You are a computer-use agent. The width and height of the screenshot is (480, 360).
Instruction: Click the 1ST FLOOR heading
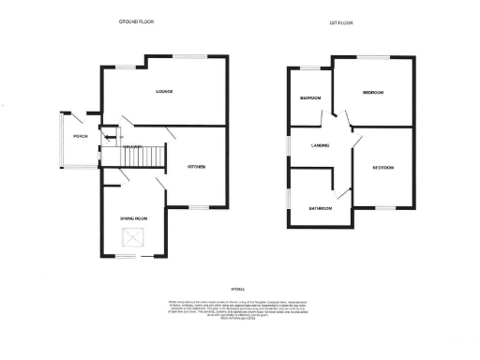[339, 21]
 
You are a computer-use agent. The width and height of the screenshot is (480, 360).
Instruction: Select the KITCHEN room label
[196, 167]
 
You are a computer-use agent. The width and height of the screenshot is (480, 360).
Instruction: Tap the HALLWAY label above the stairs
[134, 146]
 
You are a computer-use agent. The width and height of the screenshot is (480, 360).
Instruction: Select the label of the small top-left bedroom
[310, 97]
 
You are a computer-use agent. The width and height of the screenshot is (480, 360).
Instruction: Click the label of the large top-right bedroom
[374, 93]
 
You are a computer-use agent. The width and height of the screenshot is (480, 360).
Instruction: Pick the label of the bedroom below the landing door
[382, 168]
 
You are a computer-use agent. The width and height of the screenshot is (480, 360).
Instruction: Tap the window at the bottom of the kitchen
[200, 206]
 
